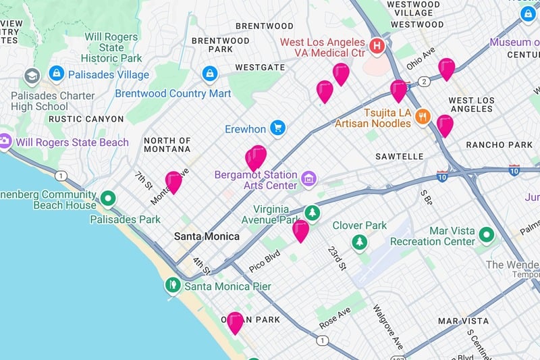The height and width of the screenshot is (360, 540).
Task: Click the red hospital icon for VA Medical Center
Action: [x=377, y=47]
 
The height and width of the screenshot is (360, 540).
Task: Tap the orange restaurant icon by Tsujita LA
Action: [x=423, y=116]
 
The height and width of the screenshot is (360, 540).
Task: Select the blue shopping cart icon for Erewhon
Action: [x=277, y=128]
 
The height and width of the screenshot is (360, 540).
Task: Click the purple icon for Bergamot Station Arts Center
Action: [x=309, y=179]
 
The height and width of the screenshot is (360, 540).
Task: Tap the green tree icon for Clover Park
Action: [x=360, y=242]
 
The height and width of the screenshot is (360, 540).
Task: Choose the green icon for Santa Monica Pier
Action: [x=173, y=286]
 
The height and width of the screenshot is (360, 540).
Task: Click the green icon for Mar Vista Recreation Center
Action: [x=487, y=235]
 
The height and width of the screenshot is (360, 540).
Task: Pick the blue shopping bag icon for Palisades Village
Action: [x=57, y=73]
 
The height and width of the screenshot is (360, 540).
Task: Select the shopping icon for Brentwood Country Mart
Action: [x=210, y=73]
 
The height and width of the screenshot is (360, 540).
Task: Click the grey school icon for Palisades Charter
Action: [x=32, y=76]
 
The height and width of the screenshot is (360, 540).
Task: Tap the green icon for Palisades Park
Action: [x=108, y=199]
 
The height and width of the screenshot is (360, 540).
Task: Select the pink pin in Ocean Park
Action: [x=235, y=322]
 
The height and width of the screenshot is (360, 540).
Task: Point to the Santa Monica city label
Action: [x=207, y=236]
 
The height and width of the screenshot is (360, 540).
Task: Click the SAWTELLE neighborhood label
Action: [x=399, y=156]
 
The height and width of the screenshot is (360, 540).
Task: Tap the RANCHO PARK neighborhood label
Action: [x=499, y=145]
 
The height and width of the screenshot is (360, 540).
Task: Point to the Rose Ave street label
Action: [x=335, y=318]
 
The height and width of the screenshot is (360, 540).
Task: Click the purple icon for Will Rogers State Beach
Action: [x=5, y=142]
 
